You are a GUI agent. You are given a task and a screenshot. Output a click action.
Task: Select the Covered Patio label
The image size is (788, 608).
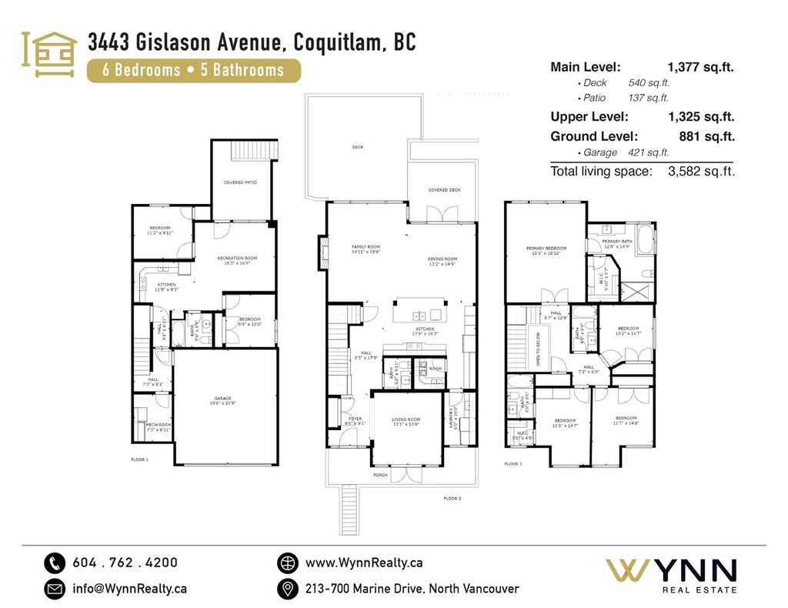(x=240, y=182)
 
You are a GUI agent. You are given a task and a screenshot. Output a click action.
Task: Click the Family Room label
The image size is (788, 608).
(x=366, y=249)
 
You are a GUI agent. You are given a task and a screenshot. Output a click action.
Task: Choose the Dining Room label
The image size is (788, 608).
(x=442, y=261)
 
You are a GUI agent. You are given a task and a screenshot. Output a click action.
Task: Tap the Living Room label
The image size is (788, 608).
(x=405, y=422)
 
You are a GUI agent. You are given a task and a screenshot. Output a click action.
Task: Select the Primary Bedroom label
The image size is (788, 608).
(x=546, y=251)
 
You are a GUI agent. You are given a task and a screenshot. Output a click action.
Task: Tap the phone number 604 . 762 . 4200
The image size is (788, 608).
(x=125, y=563)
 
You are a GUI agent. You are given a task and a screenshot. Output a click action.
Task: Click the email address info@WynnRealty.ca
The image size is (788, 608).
(x=129, y=589)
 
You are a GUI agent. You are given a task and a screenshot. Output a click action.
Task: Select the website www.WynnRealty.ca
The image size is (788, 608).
(x=363, y=563)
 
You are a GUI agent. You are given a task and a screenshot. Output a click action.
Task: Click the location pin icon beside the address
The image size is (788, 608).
(x=287, y=589)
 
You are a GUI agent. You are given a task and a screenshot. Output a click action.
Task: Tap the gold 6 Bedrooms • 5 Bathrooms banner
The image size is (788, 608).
(x=193, y=70)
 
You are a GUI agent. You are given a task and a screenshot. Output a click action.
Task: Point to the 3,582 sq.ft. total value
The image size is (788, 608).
(x=702, y=172)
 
